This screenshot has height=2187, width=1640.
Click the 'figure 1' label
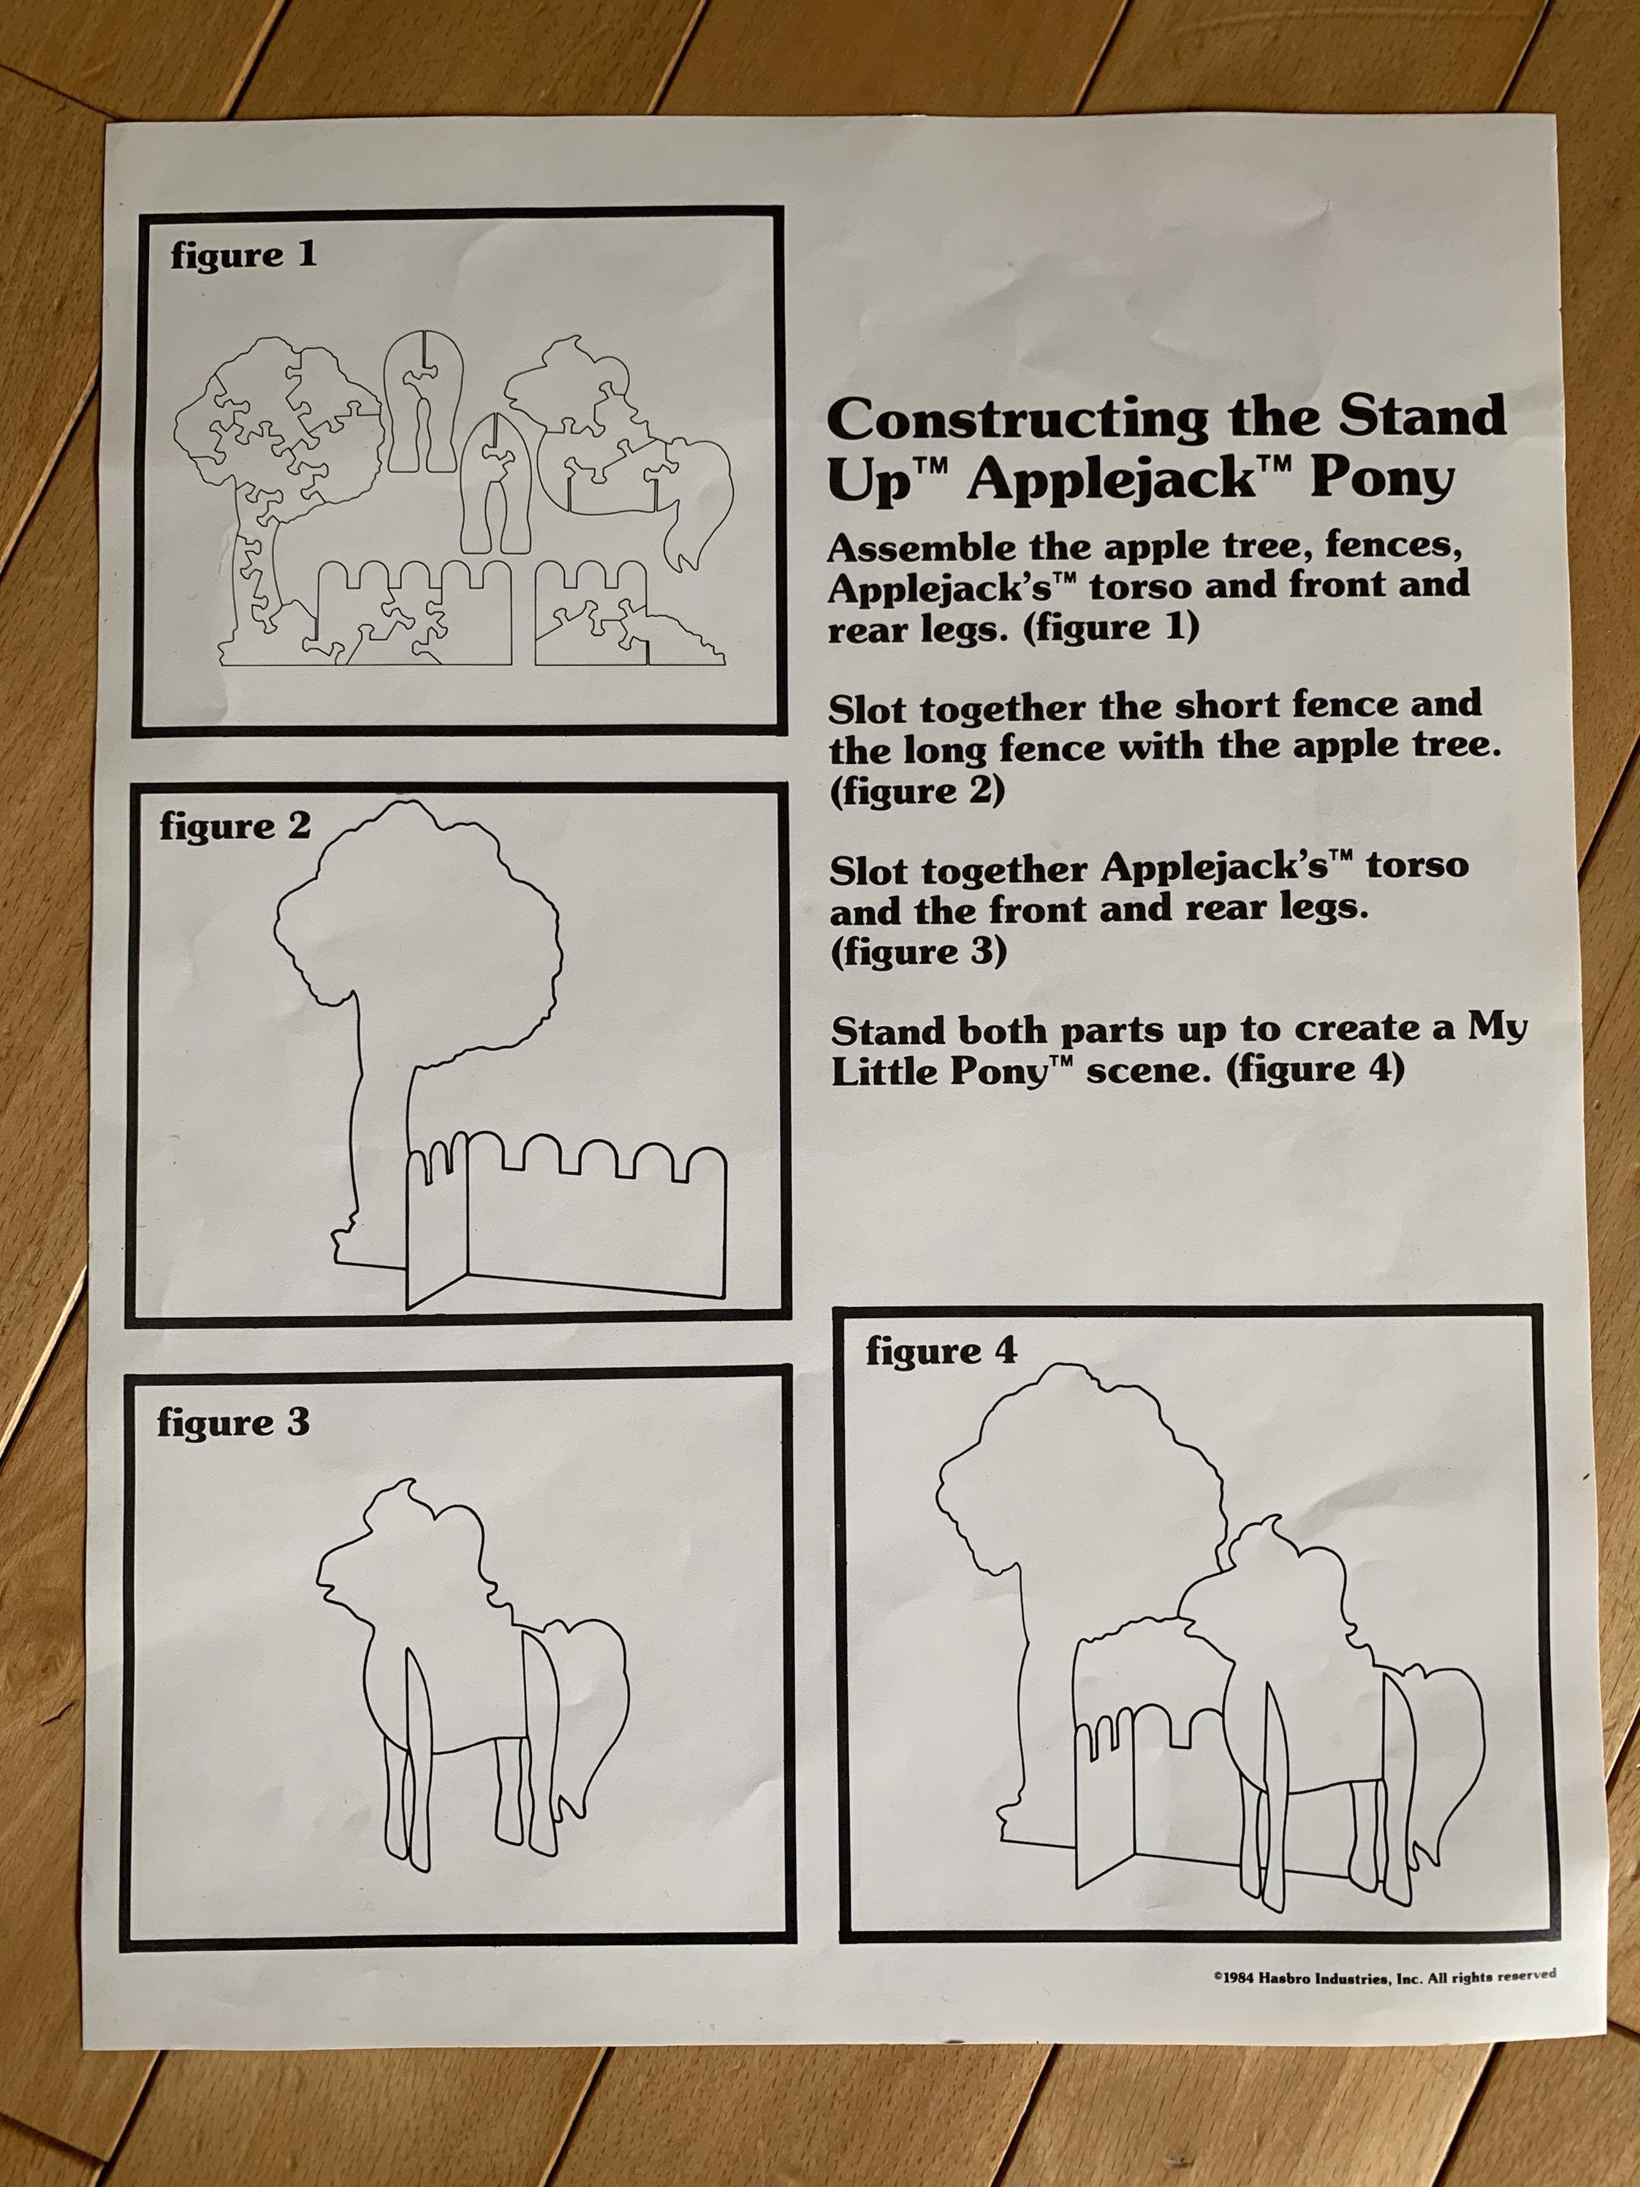coord(244,256)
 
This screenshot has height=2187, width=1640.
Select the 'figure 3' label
coord(233,1422)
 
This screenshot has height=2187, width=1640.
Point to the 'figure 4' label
coord(941,1351)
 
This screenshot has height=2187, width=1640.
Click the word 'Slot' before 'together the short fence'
coord(869,709)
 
